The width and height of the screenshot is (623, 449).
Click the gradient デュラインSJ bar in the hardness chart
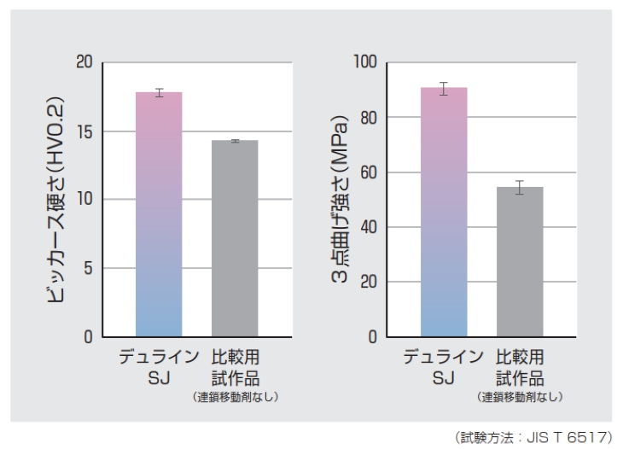tap(159, 213)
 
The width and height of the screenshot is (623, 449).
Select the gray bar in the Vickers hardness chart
tap(235, 238)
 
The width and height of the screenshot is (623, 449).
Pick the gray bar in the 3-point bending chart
tap(520, 261)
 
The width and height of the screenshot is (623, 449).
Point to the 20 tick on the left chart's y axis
tap(83, 62)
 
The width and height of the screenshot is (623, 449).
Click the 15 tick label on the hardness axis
tap(83, 131)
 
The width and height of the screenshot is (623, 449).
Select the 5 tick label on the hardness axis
tap(87, 268)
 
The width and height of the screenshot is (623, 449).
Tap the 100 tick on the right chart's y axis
tap(364, 62)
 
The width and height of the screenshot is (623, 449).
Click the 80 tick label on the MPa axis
tap(368, 118)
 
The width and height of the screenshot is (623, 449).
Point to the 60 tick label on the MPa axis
tap(368, 172)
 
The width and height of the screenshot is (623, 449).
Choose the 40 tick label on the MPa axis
tap(368, 227)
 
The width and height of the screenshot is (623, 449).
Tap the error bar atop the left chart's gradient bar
tap(159, 92)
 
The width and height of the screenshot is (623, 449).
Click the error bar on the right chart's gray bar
tap(520, 188)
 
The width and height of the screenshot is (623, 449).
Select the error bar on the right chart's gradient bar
tap(444, 88)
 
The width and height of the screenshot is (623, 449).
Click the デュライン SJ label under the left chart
tap(159, 366)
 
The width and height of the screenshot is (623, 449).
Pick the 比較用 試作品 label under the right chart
tap(520, 366)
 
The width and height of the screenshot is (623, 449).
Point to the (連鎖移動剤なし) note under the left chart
tap(235, 397)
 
